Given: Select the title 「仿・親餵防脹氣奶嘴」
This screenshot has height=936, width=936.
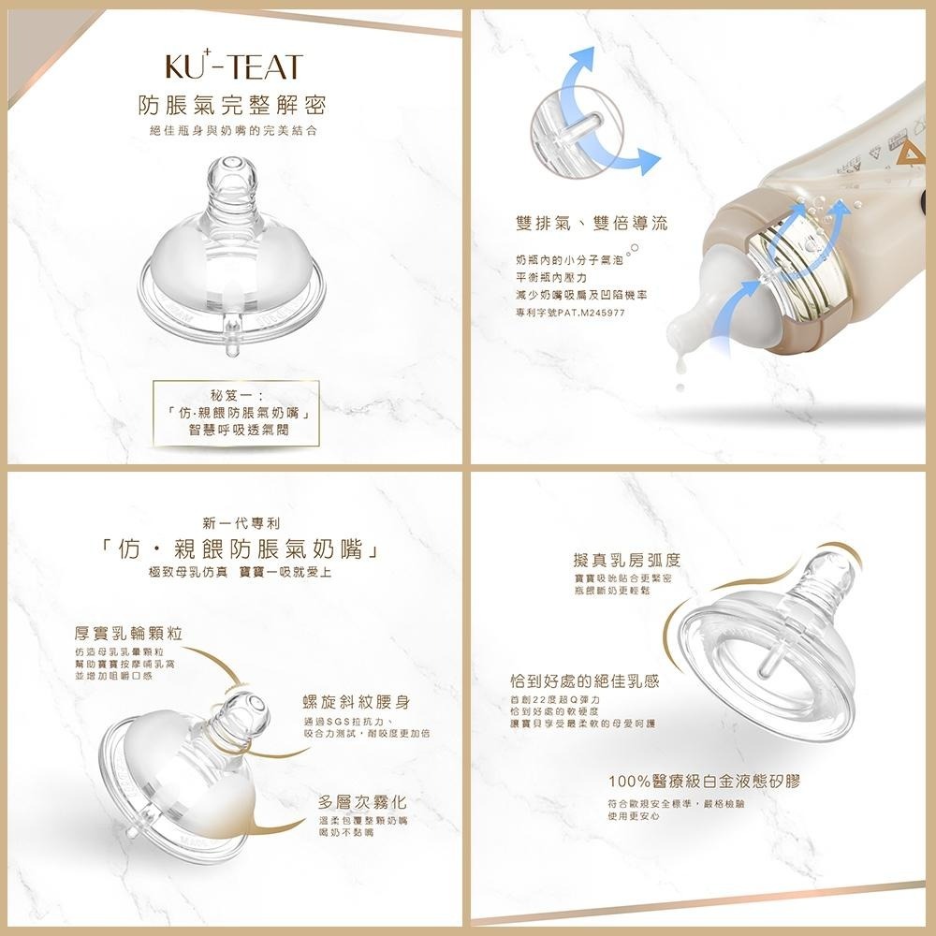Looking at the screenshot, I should pyautogui.click(x=241, y=549).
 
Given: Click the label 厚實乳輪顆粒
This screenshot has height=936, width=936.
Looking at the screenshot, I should pyautogui.click(x=128, y=633).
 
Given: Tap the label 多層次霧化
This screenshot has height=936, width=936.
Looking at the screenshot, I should pyautogui.click(x=362, y=802).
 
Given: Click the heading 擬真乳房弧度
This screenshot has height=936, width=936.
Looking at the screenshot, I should pyautogui.click(x=626, y=560).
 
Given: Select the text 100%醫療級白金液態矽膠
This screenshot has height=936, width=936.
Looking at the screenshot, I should pyautogui.click(x=704, y=782).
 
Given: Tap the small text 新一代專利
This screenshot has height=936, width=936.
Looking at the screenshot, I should pyautogui.click(x=241, y=522).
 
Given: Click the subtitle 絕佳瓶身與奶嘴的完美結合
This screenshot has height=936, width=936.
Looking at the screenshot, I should pyautogui.click(x=233, y=130).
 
